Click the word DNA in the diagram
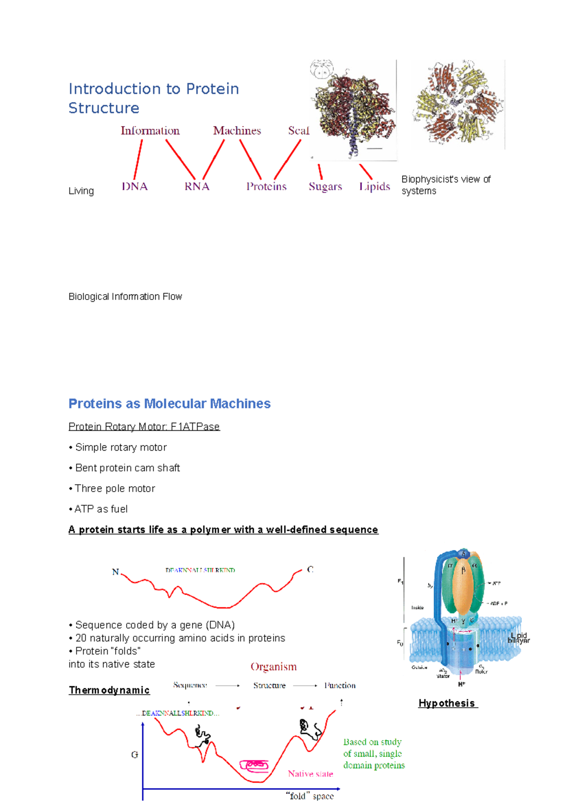point(135,187)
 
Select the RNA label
point(197,187)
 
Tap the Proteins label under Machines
point(266,187)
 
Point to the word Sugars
point(325,187)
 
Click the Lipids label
point(375,187)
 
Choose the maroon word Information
point(150,131)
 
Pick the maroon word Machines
point(237,131)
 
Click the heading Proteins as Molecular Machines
point(170,404)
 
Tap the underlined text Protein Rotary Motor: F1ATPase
point(144,427)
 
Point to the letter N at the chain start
point(115,572)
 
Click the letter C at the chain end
point(310,570)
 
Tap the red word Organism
point(274,667)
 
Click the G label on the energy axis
point(135,755)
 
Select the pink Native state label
point(310,774)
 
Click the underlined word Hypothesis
point(447,703)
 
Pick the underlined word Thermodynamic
point(109,690)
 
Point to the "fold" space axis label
point(310,796)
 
